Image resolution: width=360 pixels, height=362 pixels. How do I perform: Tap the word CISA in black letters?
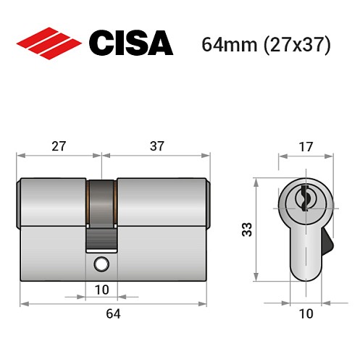click(x=130, y=43)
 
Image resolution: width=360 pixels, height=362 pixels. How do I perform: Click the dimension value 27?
click(x=59, y=146)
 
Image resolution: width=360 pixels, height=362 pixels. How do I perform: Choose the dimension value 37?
click(x=156, y=146)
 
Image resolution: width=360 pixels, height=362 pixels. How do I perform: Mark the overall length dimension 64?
click(x=113, y=313)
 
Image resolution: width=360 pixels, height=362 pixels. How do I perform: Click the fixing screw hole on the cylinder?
click(x=102, y=264)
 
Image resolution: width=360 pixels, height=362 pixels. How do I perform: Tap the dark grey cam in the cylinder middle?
click(x=102, y=210)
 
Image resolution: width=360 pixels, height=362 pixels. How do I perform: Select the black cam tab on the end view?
click(x=327, y=241)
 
